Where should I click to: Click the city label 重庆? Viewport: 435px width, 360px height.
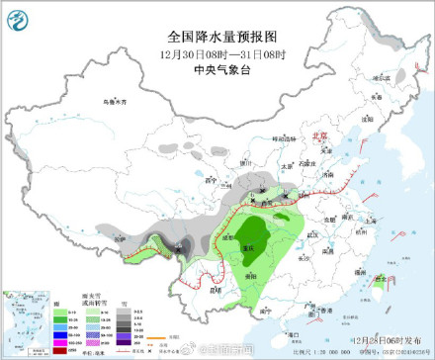[x=258, y=242]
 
